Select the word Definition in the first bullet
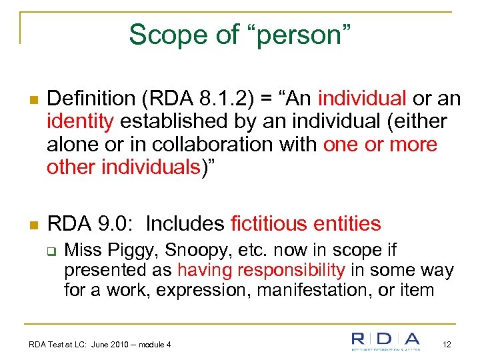pyautogui.click(x=91, y=99)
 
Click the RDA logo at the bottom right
pyautogui.click(x=386, y=341)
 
